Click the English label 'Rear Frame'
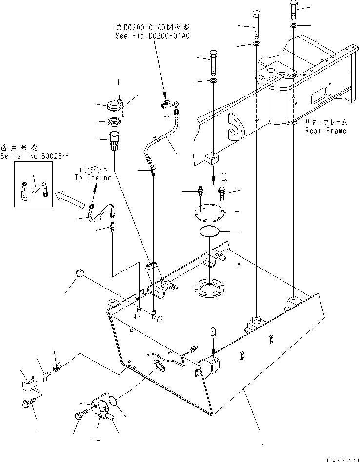(x=325, y=131)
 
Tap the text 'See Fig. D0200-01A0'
(x=152, y=36)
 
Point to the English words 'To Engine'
(x=93, y=178)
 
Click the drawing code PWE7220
(x=340, y=458)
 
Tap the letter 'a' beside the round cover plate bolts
(x=224, y=175)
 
